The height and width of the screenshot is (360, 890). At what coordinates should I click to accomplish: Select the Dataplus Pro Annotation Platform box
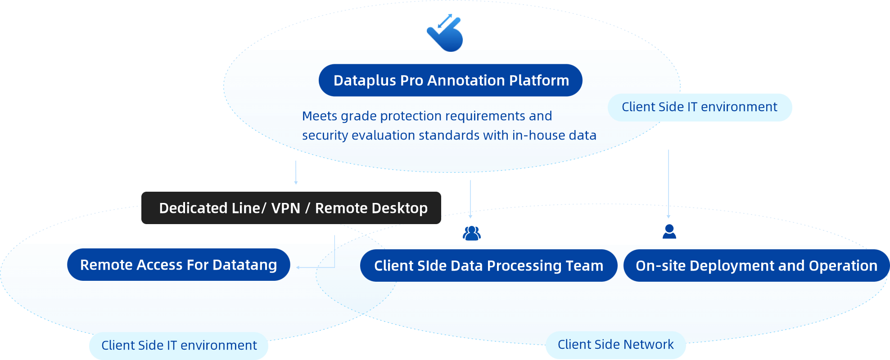(x=451, y=81)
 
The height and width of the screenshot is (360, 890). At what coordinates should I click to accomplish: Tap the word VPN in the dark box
(x=286, y=208)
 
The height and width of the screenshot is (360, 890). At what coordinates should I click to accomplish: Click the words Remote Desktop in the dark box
(x=371, y=208)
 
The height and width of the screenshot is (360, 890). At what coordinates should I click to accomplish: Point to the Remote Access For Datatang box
(x=179, y=265)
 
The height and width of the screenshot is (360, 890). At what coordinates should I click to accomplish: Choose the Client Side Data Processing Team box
(x=488, y=266)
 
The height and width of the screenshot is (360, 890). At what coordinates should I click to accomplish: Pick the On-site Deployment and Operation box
(x=756, y=266)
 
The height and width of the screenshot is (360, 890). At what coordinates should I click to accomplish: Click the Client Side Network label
(x=615, y=345)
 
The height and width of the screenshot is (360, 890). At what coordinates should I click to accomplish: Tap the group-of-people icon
(x=471, y=233)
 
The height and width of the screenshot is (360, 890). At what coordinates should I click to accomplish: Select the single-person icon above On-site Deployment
(x=669, y=232)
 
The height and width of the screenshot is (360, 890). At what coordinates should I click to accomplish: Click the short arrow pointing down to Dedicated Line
(x=296, y=173)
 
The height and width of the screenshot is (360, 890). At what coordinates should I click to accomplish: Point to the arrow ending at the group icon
(x=470, y=199)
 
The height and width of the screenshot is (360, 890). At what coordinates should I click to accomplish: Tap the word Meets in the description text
(x=320, y=116)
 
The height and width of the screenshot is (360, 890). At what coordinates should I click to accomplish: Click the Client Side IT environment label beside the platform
(x=700, y=107)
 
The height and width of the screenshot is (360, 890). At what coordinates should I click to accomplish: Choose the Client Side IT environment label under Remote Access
(x=179, y=346)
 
